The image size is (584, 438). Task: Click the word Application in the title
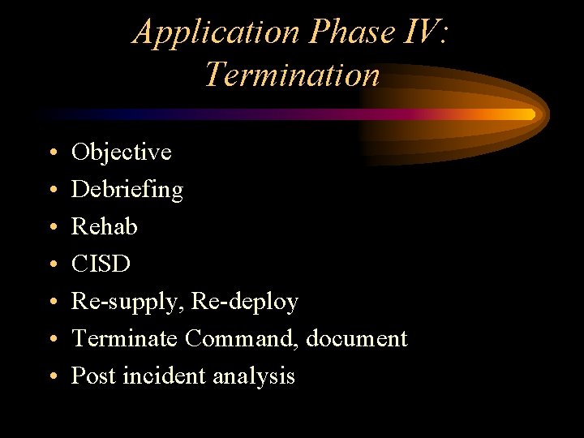216,32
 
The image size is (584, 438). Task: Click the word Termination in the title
292,75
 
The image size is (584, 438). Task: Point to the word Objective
122,152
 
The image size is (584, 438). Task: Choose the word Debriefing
127,190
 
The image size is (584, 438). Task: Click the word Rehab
105,226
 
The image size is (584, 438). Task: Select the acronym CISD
101,264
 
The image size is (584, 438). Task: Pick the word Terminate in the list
125,338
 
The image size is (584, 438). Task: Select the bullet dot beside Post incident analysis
52,377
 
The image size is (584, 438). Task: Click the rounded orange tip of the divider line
530,114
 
